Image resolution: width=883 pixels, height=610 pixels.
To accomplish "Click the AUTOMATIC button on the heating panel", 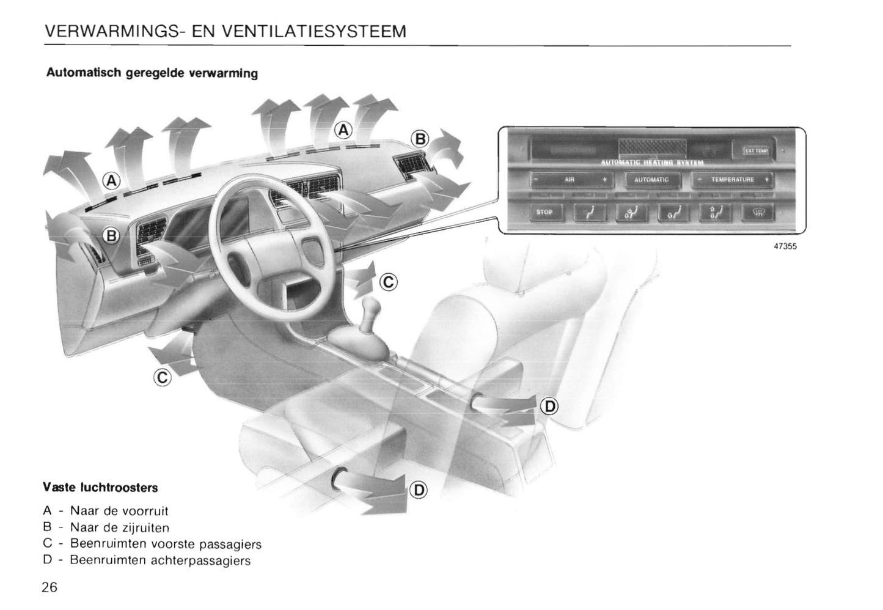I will click(x=651, y=180).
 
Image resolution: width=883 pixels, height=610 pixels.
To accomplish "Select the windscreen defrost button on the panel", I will click(x=758, y=213).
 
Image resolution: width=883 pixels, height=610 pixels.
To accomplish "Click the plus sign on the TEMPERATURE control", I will click(x=766, y=180).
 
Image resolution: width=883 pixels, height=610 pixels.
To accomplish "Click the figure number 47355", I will click(x=785, y=247).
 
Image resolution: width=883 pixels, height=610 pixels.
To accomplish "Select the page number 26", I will click(x=49, y=587).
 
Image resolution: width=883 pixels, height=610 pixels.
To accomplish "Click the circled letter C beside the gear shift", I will click(x=389, y=282).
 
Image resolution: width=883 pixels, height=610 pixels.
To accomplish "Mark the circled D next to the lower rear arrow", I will click(x=419, y=490).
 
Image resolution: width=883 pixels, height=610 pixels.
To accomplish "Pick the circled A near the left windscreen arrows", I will click(x=111, y=180).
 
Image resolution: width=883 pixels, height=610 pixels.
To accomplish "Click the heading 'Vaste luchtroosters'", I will click(x=100, y=488).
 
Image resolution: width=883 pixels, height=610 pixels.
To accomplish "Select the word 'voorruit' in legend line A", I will click(x=145, y=511).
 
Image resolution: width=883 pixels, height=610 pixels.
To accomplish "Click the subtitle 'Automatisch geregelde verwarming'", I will click(x=152, y=73).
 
